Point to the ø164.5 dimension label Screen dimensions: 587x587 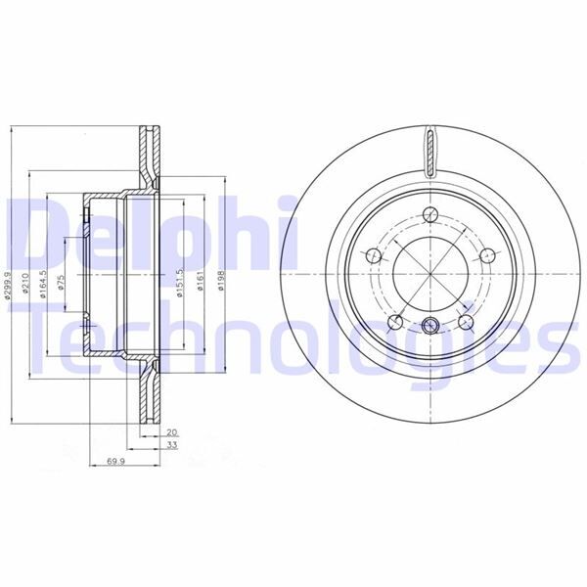pyautogui.click(x=42, y=282)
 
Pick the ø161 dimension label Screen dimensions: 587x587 pyautogui.click(x=199, y=283)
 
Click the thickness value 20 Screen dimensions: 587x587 pyautogui.click(x=172, y=431)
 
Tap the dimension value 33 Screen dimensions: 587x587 pyautogui.click(x=172, y=445)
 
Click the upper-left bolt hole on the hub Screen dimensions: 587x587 pyautogui.click(x=372, y=256)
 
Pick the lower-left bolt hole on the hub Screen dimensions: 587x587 pyautogui.click(x=394, y=322)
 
